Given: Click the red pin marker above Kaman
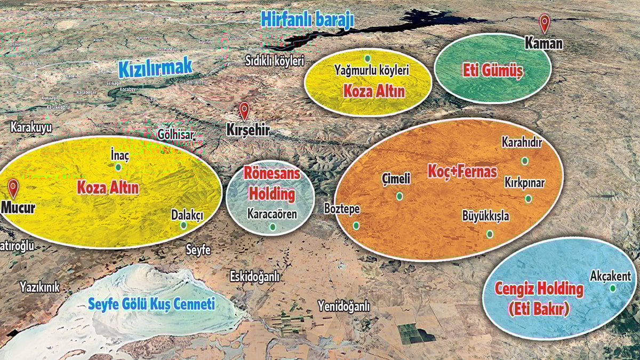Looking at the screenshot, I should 544,23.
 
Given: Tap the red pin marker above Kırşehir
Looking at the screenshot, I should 244,110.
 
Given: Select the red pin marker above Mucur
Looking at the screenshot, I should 13,188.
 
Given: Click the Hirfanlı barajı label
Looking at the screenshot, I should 307,20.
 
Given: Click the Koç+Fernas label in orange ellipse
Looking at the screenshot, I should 462,171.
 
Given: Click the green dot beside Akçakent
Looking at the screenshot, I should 613,288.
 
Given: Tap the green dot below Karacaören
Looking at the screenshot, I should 273,227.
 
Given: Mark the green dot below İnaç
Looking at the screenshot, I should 118,167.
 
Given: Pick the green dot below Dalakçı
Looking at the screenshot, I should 183,225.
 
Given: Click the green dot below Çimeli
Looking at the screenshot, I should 399,196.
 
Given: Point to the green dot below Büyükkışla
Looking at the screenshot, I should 490,234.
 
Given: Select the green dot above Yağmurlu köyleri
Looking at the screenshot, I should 367,58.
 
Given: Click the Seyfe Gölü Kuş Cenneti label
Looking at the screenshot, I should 151,305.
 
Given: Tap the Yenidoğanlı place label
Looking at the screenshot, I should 343,306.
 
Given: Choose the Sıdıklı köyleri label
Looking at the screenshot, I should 274,60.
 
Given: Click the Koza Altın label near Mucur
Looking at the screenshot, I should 108,188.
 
